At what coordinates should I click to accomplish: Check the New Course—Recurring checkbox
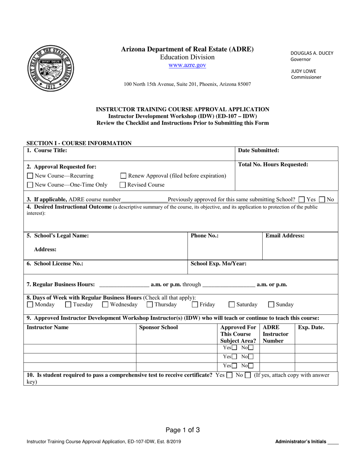[x=30, y=176]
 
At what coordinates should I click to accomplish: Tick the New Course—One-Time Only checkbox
[x=30, y=185]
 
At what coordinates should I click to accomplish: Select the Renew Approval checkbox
[x=123, y=176]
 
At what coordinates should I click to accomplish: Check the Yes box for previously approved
[x=302, y=199]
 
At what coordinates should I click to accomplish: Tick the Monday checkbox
[x=30, y=304]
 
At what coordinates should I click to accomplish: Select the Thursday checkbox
[x=150, y=304]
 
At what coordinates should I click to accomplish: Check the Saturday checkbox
[x=232, y=304]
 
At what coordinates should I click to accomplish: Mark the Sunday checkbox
[x=271, y=304]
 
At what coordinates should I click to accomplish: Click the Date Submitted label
[x=258, y=150]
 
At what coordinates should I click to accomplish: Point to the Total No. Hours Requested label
[x=273, y=164]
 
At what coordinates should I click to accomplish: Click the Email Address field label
[x=285, y=236]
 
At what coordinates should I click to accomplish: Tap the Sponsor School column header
[x=158, y=327]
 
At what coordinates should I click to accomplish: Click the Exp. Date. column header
[x=311, y=327]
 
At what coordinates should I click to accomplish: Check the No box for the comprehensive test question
[x=248, y=375]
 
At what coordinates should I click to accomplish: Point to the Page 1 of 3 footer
[x=183, y=430]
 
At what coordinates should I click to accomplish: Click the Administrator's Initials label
[x=301, y=441]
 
